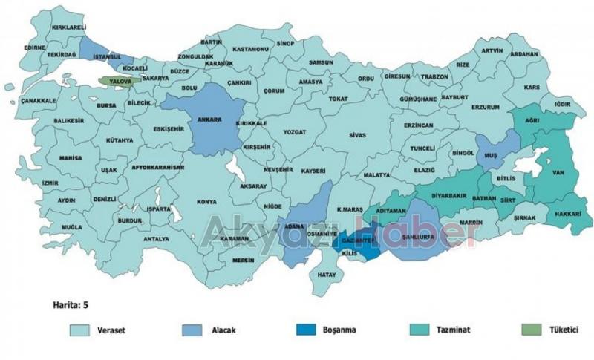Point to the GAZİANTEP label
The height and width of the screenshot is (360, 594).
click(x=357, y=242)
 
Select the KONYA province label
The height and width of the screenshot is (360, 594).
click(x=206, y=202)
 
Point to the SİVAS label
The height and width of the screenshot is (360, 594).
click(x=358, y=137)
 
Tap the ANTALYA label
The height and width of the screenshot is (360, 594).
click(x=156, y=239)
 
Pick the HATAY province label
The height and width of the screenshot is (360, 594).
click(x=327, y=275)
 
